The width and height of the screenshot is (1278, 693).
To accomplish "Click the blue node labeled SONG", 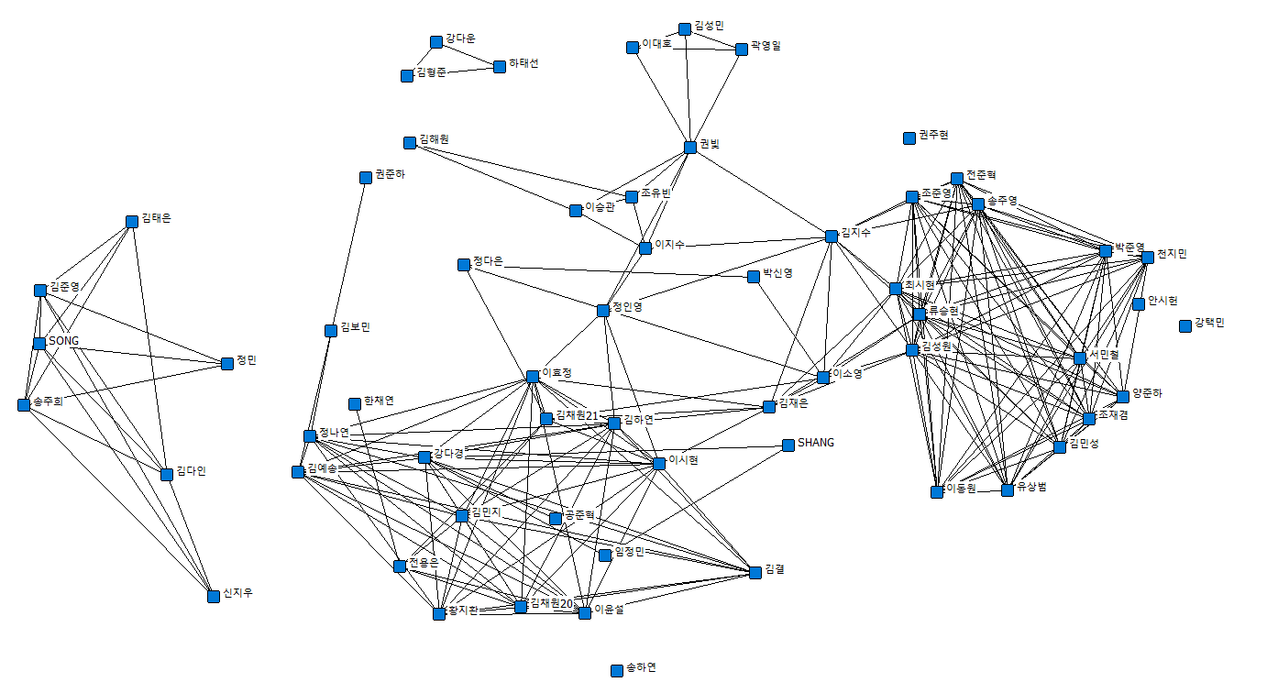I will pos(39,344).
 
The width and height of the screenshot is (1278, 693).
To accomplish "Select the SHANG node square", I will pos(788,445).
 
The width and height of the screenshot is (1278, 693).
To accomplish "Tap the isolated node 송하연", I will pos(617,671).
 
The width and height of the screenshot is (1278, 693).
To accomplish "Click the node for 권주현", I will pos(909,138).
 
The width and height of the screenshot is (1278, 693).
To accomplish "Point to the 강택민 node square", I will pos(1185,325).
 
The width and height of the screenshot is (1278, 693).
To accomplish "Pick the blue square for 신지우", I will pos(214,596).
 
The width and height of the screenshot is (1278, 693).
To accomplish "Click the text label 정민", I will pos(247,360).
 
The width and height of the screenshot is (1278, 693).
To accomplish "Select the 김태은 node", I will pos(132,222).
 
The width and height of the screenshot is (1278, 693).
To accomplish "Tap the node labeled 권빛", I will pos(690,148).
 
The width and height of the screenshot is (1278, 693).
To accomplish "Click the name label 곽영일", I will pos(766,45).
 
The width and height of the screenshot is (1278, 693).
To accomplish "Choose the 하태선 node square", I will pos(500,67).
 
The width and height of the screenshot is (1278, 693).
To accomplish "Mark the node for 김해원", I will pos(410,143).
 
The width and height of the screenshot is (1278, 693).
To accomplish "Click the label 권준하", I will pos(390,174).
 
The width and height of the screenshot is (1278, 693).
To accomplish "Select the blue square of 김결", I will pos(755,573).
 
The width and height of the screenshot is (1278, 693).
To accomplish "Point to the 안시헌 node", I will pos(1139,304).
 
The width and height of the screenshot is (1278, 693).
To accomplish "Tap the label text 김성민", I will pos(710,27).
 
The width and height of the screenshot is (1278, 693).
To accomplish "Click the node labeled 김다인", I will pos(167,475).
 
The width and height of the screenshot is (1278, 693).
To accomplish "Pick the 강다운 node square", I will pos(436,42).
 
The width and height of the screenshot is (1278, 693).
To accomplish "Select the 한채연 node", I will pos(355,404).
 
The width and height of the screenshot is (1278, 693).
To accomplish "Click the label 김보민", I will pos(355,327).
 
